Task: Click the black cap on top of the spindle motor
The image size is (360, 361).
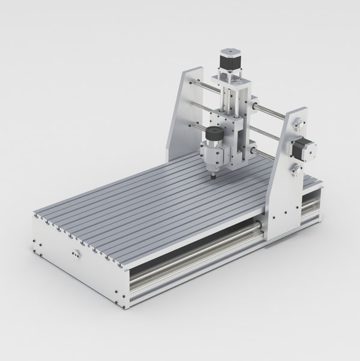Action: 212,133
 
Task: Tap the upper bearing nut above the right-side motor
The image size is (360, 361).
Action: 297,124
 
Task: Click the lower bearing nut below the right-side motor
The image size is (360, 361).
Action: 296,171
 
